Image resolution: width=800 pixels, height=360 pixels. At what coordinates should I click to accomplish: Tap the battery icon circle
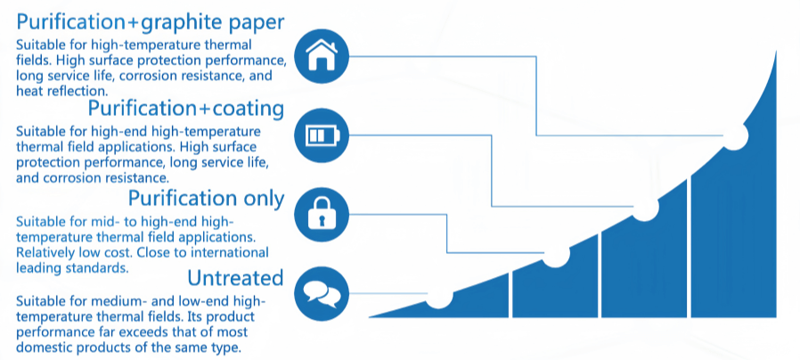tap(320, 135)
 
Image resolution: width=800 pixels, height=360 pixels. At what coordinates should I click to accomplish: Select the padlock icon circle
tap(320, 215)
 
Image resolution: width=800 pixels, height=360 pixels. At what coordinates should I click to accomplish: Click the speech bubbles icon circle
tap(320, 291)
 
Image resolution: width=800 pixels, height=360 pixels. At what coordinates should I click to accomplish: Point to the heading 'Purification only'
tap(206, 197)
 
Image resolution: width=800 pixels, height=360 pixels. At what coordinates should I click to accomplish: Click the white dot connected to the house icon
tap(734, 135)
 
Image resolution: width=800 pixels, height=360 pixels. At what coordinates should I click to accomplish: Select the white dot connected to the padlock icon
tap(556, 255)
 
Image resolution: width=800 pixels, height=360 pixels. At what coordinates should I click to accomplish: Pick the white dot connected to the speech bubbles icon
tap(438, 296)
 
